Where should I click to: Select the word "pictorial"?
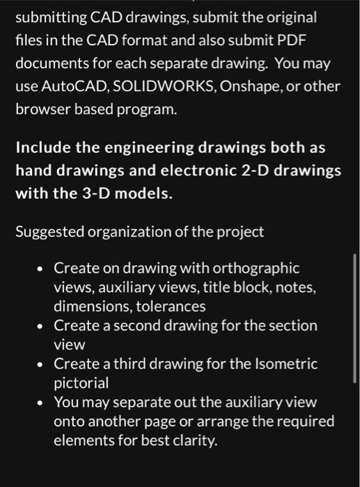(x=81, y=383)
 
